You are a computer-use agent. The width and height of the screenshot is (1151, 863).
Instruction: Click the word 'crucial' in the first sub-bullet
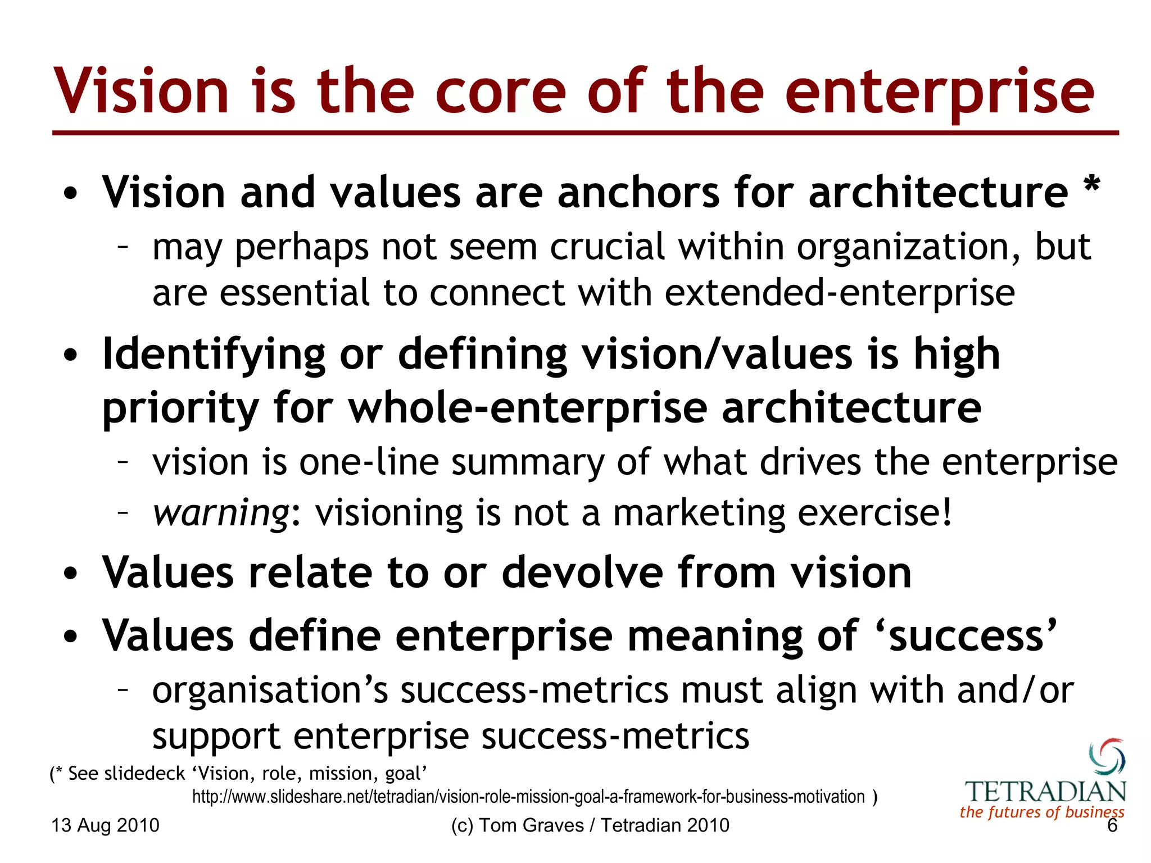(x=607, y=247)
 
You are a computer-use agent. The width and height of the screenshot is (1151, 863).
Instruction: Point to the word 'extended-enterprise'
(x=840, y=293)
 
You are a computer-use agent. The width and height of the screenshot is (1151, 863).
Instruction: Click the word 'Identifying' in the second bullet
(x=214, y=355)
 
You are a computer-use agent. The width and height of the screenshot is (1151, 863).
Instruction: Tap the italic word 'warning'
(x=221, y=513)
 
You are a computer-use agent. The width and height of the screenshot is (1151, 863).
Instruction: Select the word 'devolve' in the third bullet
(x=582, y=573)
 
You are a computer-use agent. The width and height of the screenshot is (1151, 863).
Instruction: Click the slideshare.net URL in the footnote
(x=528, y=797)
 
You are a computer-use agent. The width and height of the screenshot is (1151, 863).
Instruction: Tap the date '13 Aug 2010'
(x=106, y=825)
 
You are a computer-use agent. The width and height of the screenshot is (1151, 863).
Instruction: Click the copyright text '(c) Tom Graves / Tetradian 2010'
(x=590, y=825)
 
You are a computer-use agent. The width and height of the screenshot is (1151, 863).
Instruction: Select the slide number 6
(x=1112, y=825)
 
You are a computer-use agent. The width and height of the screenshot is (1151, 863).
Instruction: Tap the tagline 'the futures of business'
(x=1041, y=812)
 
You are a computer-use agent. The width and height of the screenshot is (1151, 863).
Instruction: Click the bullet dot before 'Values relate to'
(x=70, y=574)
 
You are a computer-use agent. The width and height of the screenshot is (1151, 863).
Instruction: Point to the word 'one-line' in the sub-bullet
(x=369, y=462)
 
